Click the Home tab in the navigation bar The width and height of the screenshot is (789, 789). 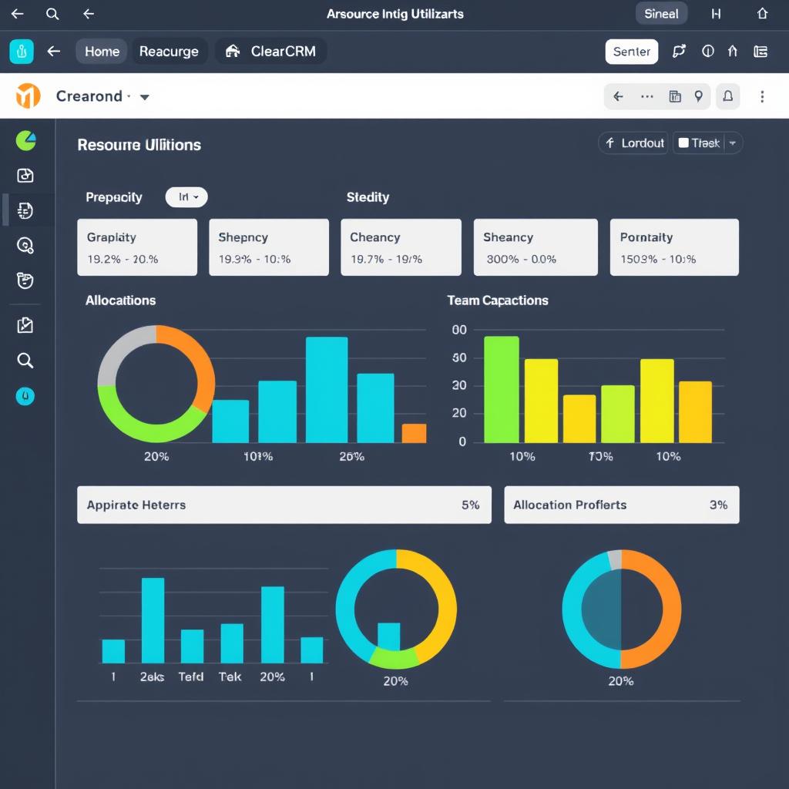point(102,52)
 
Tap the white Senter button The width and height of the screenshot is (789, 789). point(632,52)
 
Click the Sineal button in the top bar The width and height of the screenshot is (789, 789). point(661,14)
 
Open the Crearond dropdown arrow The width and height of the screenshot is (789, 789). point(144,97)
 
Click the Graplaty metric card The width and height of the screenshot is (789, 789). point(137,247)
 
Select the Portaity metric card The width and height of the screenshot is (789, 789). point(674,247)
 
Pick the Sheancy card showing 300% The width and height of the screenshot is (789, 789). point(536,247)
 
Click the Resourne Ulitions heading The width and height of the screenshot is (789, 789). point(139,145)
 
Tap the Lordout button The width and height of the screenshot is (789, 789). point(634,143)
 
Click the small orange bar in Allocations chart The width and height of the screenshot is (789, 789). point(414,433)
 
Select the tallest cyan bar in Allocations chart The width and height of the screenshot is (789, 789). point(327,390)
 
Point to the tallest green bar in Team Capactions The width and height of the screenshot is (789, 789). point(501,390)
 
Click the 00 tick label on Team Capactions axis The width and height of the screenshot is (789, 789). point(459,330)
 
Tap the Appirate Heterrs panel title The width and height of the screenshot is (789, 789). point(136,505)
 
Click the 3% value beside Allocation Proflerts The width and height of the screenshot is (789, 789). point(718,505)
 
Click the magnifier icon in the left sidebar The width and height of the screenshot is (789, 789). point(25,361)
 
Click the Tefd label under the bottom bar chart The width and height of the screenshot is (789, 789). point(191,677)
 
